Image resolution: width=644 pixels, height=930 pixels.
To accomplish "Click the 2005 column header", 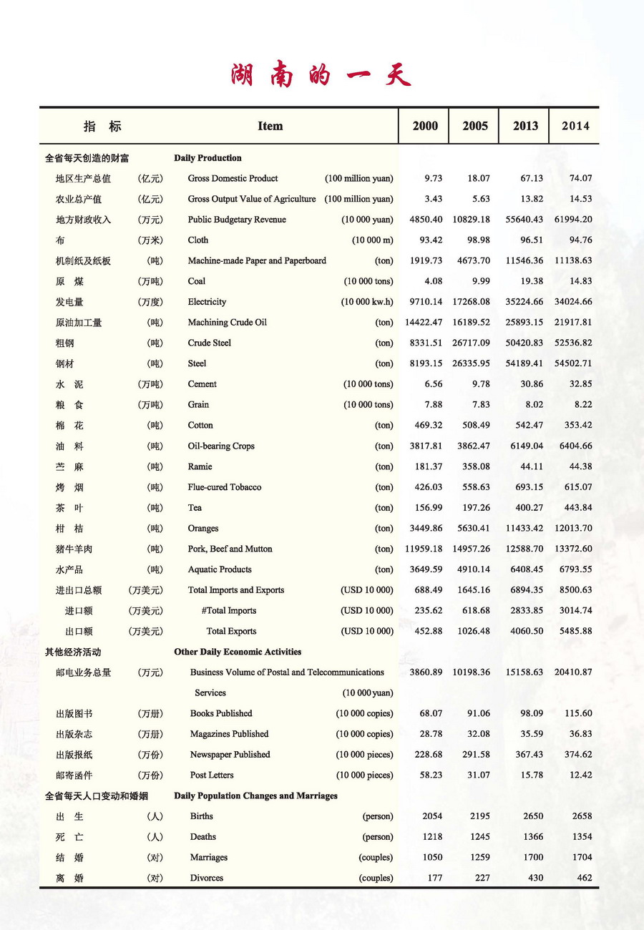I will pyautogui.click(x=475, y=126).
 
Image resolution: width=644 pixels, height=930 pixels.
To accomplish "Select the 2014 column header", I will pyautogui.click(x=575, y=126).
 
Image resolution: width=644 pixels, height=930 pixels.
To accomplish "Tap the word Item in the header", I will pyautogui.click(x=270, y=126).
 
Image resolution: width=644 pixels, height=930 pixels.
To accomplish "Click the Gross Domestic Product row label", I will pyautogui.click(x=233, y=178).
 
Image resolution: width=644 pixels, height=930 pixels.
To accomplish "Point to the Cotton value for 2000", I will pyautogui.click(x=428, y=425).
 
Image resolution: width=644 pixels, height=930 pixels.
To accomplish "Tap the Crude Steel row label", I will pyautogui.click(x=210, y=343).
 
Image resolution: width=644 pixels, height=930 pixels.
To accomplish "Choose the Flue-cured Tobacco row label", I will pyautogui.click(x=225, y=487).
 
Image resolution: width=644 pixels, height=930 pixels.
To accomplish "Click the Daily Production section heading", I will pyautogui.click(x=208, y=157).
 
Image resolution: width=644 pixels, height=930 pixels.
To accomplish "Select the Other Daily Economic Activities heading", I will pyautogui.click(x=238, y=652).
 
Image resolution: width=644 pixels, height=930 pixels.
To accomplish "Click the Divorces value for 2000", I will pyautogui.click(x=434, y=878).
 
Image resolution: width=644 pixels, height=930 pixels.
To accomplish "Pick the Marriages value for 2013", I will pyautogui.click(x=530, y=857).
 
